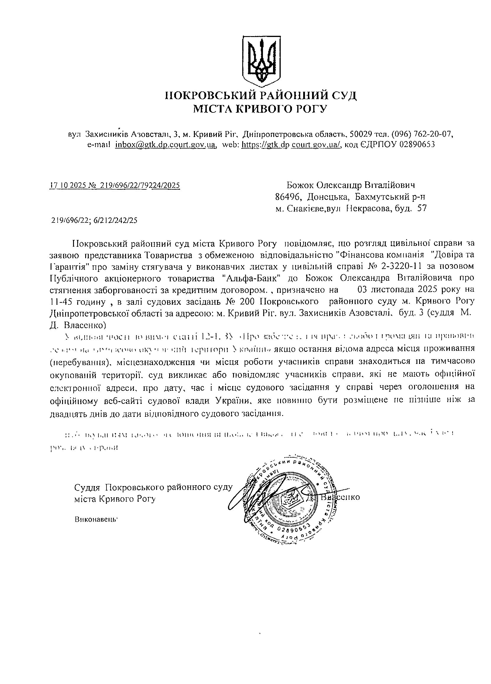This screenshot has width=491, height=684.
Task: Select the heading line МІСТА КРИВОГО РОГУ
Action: (x=260, y=109)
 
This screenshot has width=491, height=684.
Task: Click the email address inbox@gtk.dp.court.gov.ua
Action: (x=165, y=144)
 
